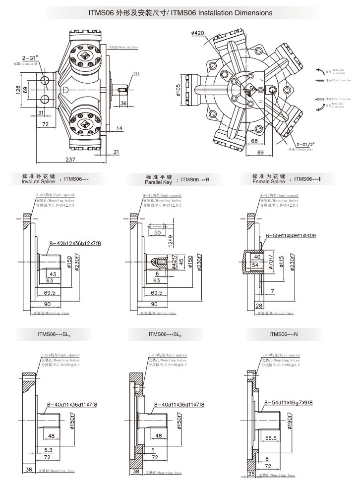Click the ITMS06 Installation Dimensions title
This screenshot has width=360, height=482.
(180, 11)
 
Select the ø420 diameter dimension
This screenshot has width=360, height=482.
(197, 33)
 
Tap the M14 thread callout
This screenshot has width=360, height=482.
(136, 73)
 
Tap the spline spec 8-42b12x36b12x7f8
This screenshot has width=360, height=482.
(75, 243)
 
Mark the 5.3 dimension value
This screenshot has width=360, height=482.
(47, 450)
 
